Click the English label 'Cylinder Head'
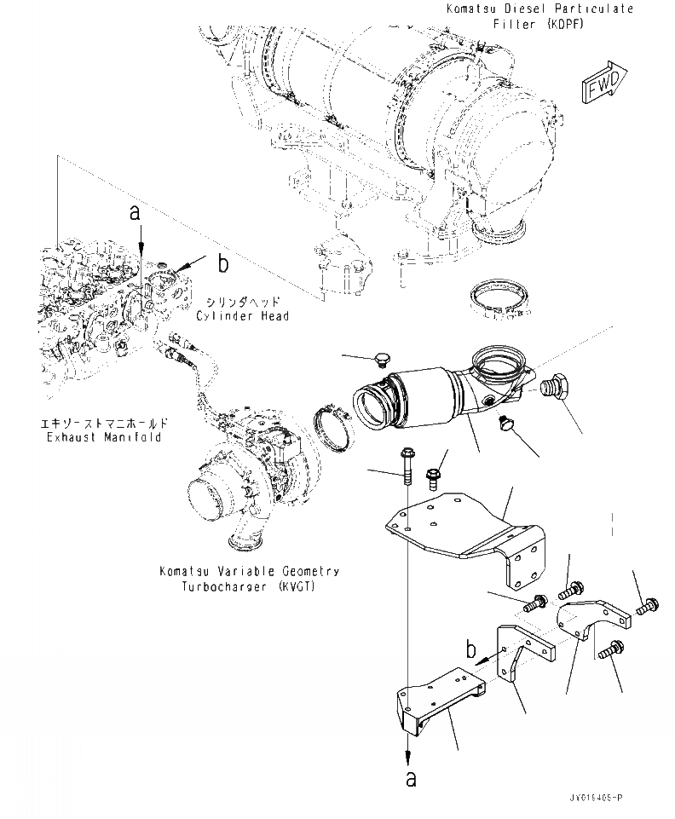[x=242, y=316]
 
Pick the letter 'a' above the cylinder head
[x=135, y=213]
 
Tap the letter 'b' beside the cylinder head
[x=222, y=264]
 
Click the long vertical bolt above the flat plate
[x=405, y=466]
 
